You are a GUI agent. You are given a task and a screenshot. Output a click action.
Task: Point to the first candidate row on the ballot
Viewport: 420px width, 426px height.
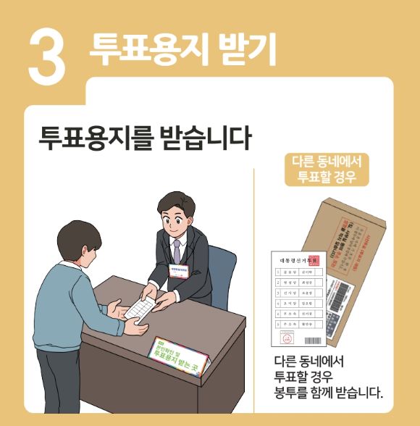click(x=295, y=273)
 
